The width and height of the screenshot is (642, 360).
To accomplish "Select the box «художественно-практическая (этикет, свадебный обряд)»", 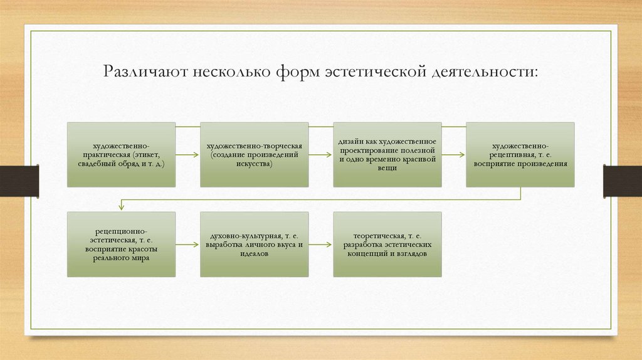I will click(121, 154).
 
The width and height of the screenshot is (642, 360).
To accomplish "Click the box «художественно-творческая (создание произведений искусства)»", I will click(254, 154).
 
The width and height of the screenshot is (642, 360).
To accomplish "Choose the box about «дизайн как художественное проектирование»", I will click(387, 154).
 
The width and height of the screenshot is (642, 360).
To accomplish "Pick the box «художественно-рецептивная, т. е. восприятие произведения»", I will click(520, 154).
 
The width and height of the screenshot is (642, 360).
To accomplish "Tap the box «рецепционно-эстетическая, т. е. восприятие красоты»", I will click(121, 244).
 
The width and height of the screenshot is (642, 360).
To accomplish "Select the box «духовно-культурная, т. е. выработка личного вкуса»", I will click(254, 244).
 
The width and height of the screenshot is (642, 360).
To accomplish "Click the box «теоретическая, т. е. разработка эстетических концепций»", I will click(387, 244).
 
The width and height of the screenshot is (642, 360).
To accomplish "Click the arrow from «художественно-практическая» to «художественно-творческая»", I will click(187, 154).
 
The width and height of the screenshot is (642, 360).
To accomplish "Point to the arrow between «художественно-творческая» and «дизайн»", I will click(320, 154).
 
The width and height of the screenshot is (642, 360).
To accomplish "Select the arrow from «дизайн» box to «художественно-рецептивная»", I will click(453, 154).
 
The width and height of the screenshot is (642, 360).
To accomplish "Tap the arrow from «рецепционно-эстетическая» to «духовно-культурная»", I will click(187, 244).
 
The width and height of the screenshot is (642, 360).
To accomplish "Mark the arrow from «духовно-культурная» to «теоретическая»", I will click(320, 244).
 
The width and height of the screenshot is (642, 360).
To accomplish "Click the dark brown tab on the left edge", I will click(19, 181).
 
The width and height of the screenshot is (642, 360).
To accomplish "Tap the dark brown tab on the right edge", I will click(623, 181).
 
